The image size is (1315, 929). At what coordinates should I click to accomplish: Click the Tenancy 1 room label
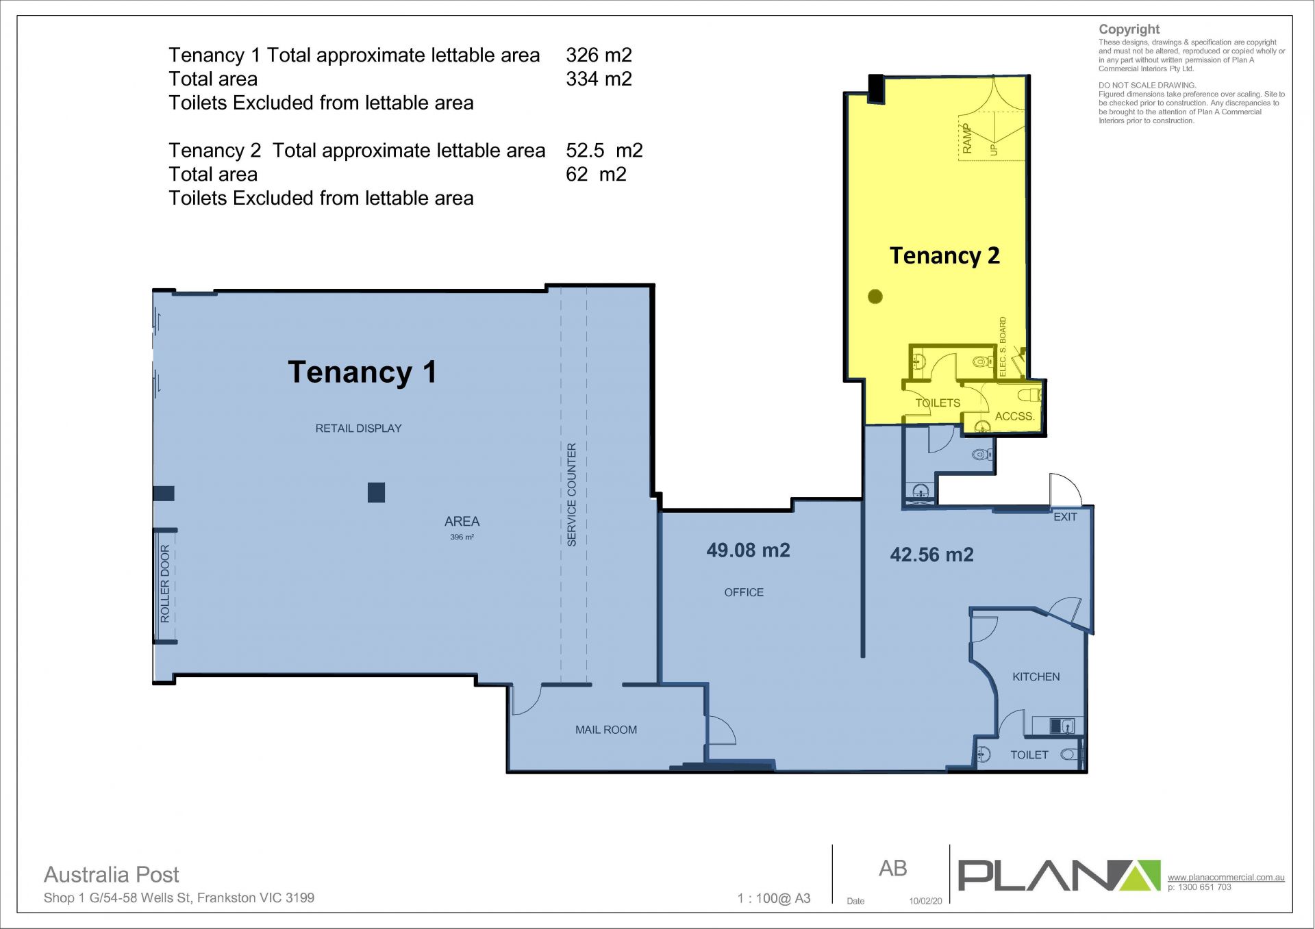(x=362, y=372)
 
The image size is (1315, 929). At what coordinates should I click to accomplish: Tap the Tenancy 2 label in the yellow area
(x=944, y=256)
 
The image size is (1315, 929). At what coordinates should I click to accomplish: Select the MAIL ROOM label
(x=606, y=730)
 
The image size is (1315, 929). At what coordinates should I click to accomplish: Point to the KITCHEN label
(x=1036, y=676)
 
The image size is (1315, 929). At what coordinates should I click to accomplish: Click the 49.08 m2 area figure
(x=749, y=550)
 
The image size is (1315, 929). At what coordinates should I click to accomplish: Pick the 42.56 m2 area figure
(x=931, y=555)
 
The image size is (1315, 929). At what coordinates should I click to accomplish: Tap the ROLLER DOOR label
(x=164, y=584)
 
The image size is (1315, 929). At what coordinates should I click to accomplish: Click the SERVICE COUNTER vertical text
(x=572, y=494)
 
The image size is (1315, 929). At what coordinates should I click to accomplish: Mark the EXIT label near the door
(x=1065, y=517)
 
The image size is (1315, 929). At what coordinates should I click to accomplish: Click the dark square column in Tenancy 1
(x=376, y=492)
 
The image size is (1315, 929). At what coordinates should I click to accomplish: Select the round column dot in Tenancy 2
(x=875, y=296)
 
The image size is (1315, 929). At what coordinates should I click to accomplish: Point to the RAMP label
(x=967, y=138)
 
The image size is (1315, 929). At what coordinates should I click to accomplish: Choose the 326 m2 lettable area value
(x=599, y=55)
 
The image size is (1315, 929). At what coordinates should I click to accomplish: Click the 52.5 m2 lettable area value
(x=604, y=150)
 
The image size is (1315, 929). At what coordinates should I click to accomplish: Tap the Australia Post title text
(x=112, y=875)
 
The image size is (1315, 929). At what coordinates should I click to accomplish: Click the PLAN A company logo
(x=1059, y=876)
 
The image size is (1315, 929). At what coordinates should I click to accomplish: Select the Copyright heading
(x=1129, y=29)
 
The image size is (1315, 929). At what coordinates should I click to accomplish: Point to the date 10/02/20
(x=925, y=901)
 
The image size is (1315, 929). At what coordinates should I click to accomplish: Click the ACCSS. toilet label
(x=1014, y=416)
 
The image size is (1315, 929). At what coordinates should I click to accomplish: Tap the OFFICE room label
(x=744, y=592)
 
